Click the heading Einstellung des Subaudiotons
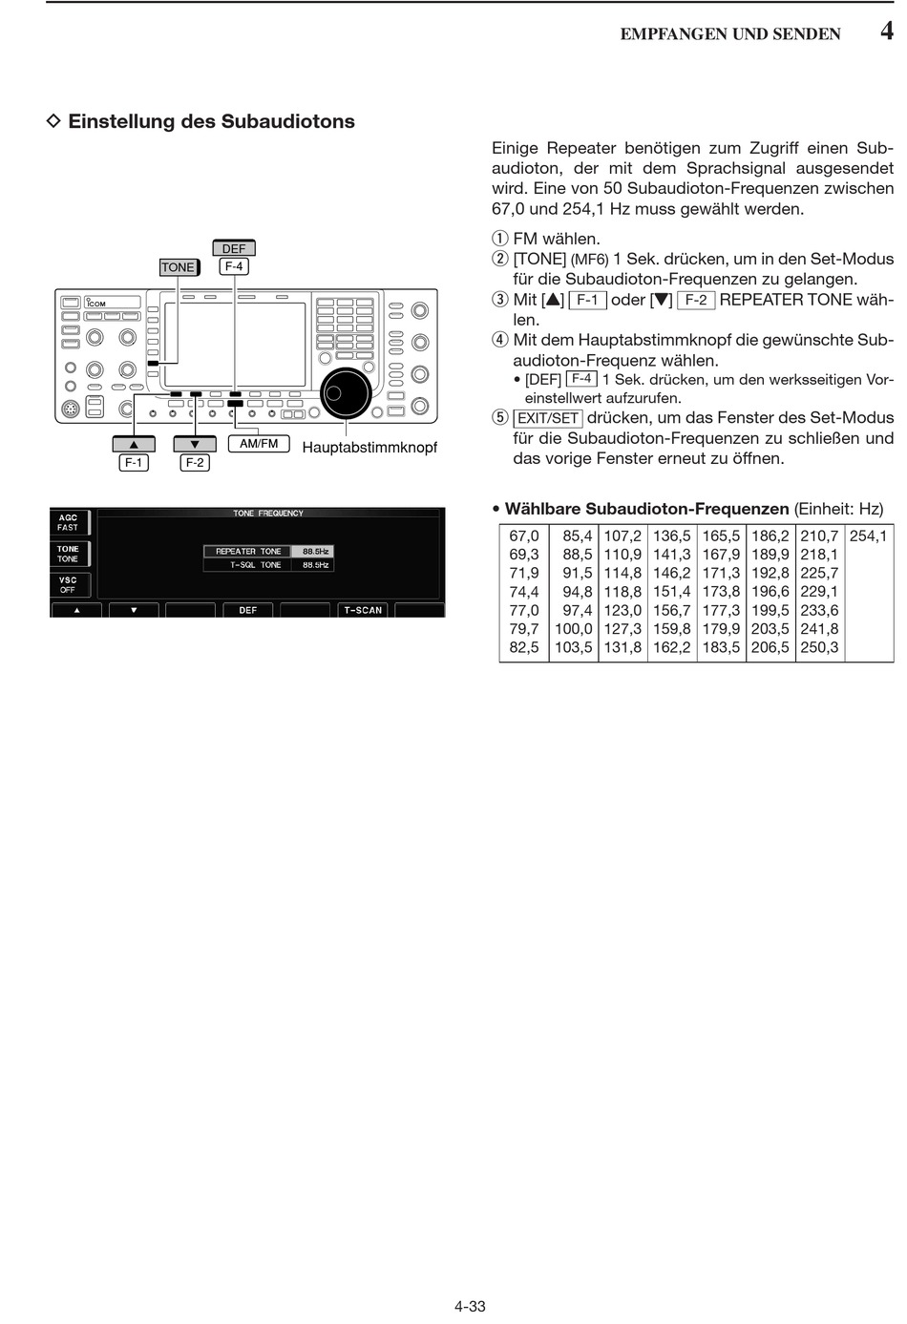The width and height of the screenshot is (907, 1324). (x=211, y=122)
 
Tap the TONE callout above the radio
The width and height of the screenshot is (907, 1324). (x=179, y=267)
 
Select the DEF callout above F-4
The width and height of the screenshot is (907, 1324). (x=234, y=248)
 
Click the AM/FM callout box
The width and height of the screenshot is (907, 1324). (x=259, y=444)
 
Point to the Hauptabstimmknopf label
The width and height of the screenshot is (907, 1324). (x=369, y=448)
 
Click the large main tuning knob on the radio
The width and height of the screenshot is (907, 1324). (x=346, y=393)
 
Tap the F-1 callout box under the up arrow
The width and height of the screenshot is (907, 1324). (x=134, y=463)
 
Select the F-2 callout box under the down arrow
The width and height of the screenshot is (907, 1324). (x=195, y=463)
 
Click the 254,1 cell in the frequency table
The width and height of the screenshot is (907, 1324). (x=868, y=536)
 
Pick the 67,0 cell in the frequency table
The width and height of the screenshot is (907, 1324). (x=524, y=536)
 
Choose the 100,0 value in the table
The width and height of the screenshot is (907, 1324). (x=573, y=629)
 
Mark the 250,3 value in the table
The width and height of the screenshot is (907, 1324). (x=819, y=647)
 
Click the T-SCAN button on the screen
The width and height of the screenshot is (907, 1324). (x=363, y=610)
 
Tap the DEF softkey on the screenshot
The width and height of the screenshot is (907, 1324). (x=248, y=610)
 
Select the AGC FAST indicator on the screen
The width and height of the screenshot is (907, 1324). (x=69, y=523)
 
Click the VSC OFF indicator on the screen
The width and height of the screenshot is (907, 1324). (x=69, y=585)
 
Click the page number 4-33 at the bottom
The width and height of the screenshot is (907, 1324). (x=470, y=1307)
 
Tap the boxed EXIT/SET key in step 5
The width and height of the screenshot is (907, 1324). (x=547, y=418)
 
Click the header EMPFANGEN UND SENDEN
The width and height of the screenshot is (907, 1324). (x=730, y=34)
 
